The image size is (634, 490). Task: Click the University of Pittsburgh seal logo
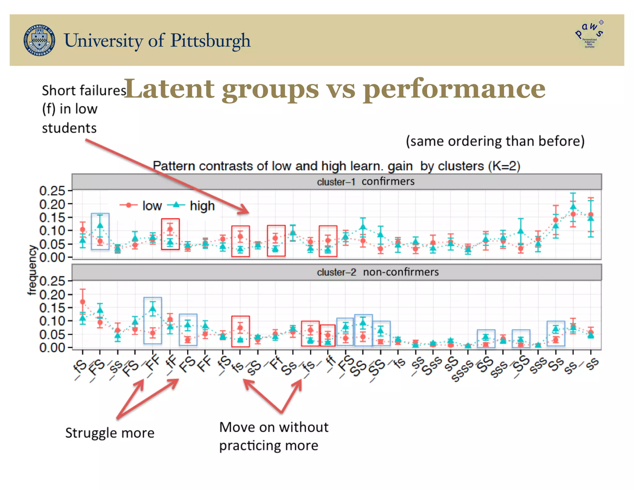pos(40,40)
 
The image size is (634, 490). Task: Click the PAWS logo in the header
pos(589,35)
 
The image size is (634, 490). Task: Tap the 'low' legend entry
pos(152,206)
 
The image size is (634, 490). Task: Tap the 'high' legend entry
pos(202,206)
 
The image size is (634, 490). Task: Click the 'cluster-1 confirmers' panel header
pos(365,182)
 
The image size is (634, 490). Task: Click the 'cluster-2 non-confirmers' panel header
pos(378,272)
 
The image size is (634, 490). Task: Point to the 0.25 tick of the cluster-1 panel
pos(52,191)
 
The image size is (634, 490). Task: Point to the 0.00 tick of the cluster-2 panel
pos(52,348)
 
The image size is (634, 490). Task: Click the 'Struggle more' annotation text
pos(110,433)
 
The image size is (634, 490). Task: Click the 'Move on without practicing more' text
pos(274,436)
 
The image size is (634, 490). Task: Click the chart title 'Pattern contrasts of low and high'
pos(282,166)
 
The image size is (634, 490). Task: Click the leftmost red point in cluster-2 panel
pos(83,302)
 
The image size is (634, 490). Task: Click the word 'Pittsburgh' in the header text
pos(210,41)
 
